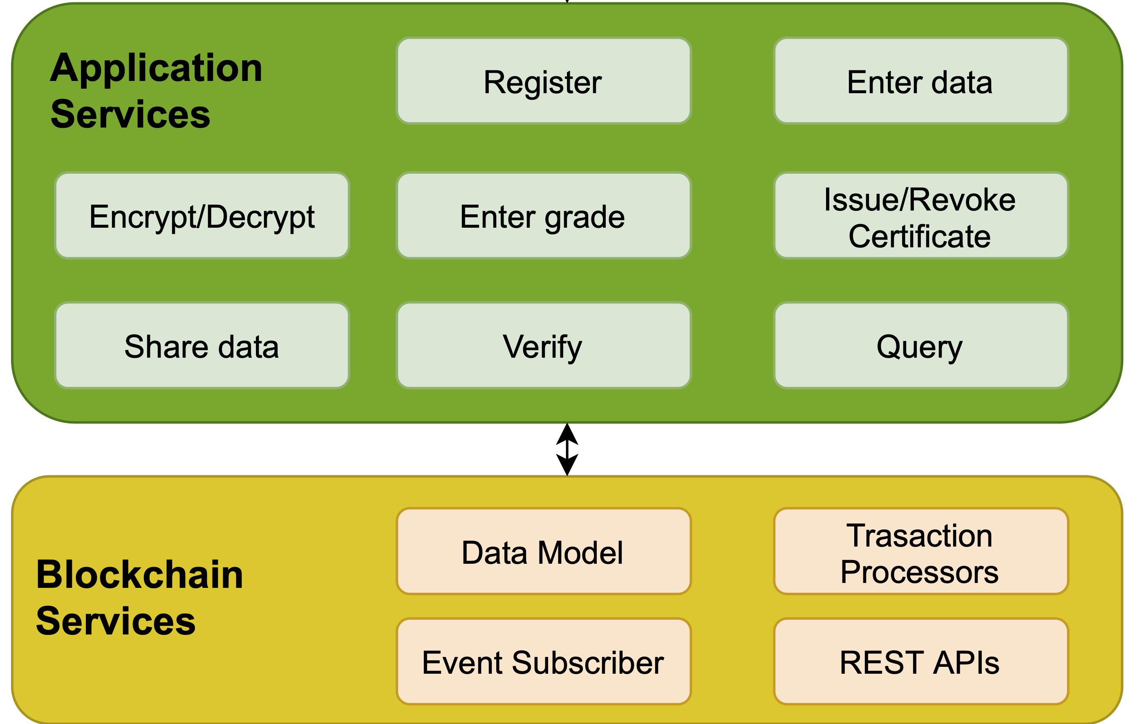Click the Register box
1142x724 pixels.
(544, 81)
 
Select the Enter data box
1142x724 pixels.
(921, 81)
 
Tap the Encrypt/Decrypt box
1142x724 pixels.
(202, 215)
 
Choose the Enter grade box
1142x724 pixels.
(544, 215)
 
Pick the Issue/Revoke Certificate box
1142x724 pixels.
(921, 215)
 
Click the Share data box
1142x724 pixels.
(202, 345)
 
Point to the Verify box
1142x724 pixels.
(544, 345)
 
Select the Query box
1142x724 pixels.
(921, 345)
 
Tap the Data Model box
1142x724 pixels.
(544, 551)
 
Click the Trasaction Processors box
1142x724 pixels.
(921, 551)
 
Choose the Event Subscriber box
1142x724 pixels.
(544, 661)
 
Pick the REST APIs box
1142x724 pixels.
(921, 661)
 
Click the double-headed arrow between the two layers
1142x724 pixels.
(567, 449)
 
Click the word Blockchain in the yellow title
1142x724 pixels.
(139, 574)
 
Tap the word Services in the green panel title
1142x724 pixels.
(130, 114)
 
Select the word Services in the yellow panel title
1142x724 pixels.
(116, 621)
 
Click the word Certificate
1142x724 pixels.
(920, 236)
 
